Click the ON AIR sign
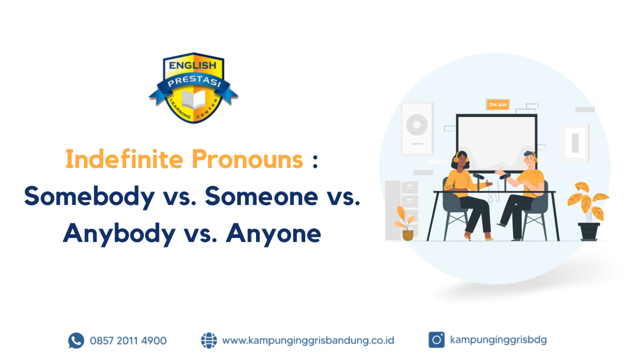point(498,105)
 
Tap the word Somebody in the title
point(89,196)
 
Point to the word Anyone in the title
point(273,233)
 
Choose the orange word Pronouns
point(247,159)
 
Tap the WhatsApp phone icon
point(76,340)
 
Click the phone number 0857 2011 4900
point(128,340)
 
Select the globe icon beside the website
point(209,340)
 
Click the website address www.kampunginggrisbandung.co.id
point(308,340)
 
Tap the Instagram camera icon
point(436,340)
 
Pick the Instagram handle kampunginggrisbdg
point(498,340)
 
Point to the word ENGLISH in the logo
point(193,65)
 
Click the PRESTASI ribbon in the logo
point(193,84)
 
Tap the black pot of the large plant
point(589,231)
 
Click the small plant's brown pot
point(408,235)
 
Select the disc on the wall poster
point(417,124)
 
